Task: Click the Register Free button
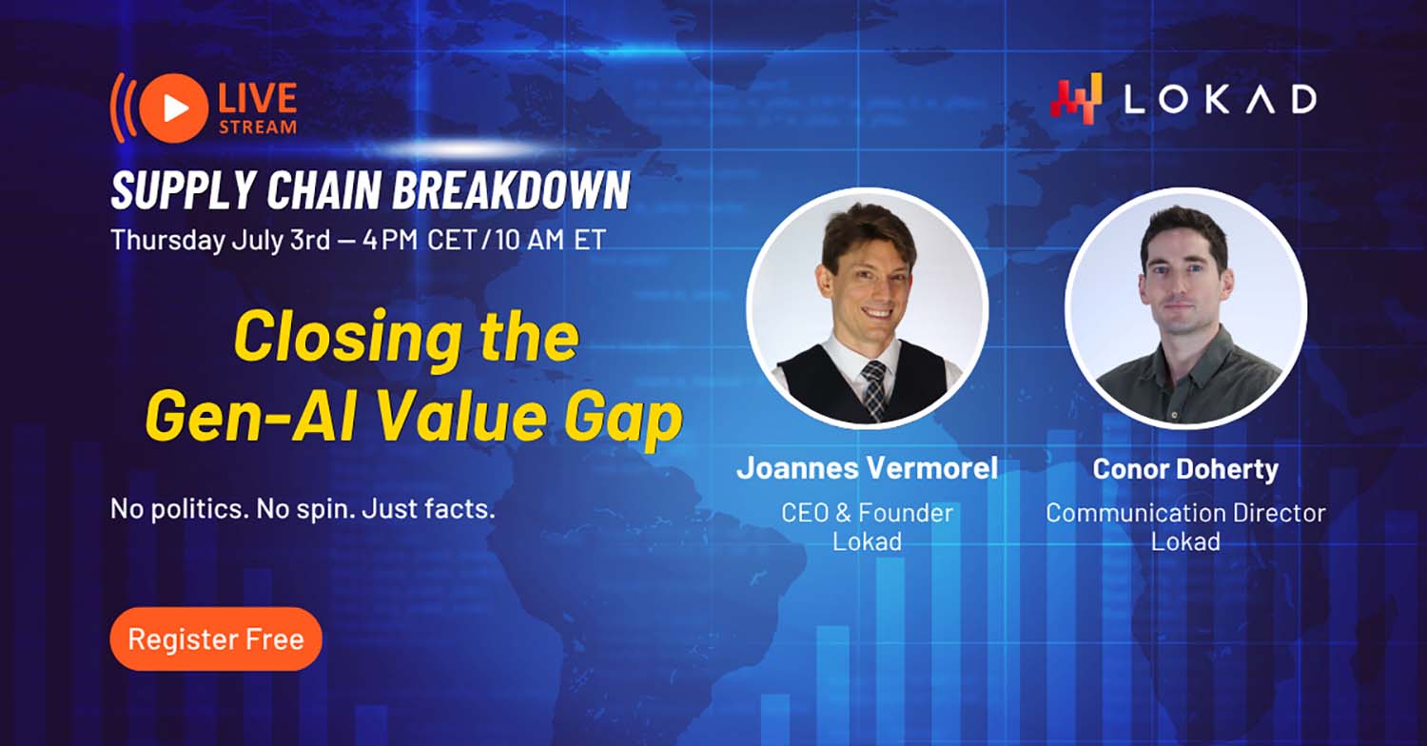point(216,639)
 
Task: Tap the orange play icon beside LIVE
point(173,108)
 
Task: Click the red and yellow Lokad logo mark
point(1076,99)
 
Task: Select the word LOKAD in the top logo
point(1220,100)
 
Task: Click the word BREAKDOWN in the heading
point(511,190)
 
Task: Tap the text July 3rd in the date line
point(281,241)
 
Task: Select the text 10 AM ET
point(551,240)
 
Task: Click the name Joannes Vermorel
point(867,468)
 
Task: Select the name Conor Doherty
point(1185,469)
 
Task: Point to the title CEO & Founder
point(867,513)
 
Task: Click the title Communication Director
point(1185,513)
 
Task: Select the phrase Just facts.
point(428,509)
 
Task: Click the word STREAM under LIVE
point(258,128)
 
